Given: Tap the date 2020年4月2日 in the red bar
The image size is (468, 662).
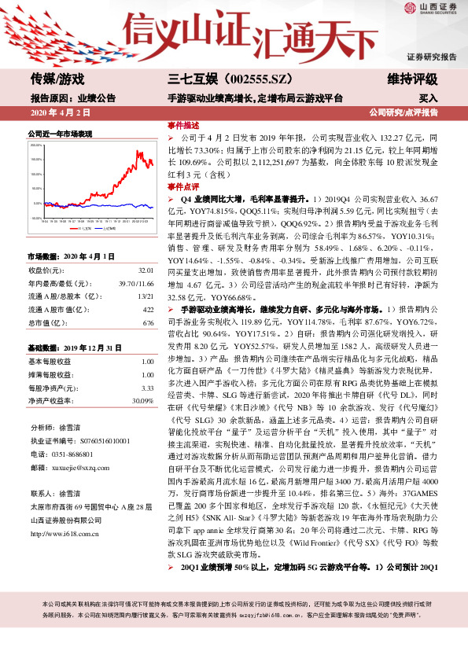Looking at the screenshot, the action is [54, 112].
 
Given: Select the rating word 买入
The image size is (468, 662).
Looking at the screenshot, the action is [428, 98].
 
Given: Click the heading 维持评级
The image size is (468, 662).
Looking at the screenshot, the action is [415, 79].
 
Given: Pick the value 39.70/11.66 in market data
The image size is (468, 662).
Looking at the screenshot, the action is [136, 285].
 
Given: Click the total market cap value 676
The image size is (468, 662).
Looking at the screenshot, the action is [148, 324].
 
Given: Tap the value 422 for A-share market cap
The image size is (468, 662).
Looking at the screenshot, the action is [148, 311].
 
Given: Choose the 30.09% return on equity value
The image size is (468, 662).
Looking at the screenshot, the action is [142, 401].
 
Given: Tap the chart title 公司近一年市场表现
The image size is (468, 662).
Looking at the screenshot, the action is [60, 134].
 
